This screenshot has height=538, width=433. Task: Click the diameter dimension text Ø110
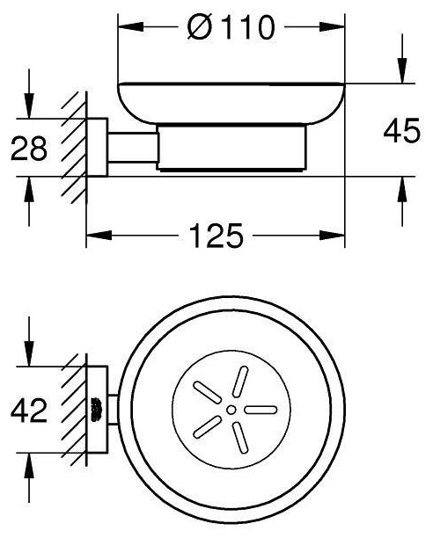[231, 27]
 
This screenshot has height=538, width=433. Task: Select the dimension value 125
[216, 236]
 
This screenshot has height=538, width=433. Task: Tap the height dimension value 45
[401, 130]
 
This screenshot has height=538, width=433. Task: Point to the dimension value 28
[29, 148]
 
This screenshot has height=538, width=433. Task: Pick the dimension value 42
[29, 410]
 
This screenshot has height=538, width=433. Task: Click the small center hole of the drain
[231, 410]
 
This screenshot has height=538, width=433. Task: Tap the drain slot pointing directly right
[261, 410]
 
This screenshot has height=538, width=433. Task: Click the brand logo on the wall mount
[95, 410]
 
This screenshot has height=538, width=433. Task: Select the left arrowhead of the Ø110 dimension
[130, 27]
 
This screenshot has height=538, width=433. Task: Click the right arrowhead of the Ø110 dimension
[332, 27]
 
